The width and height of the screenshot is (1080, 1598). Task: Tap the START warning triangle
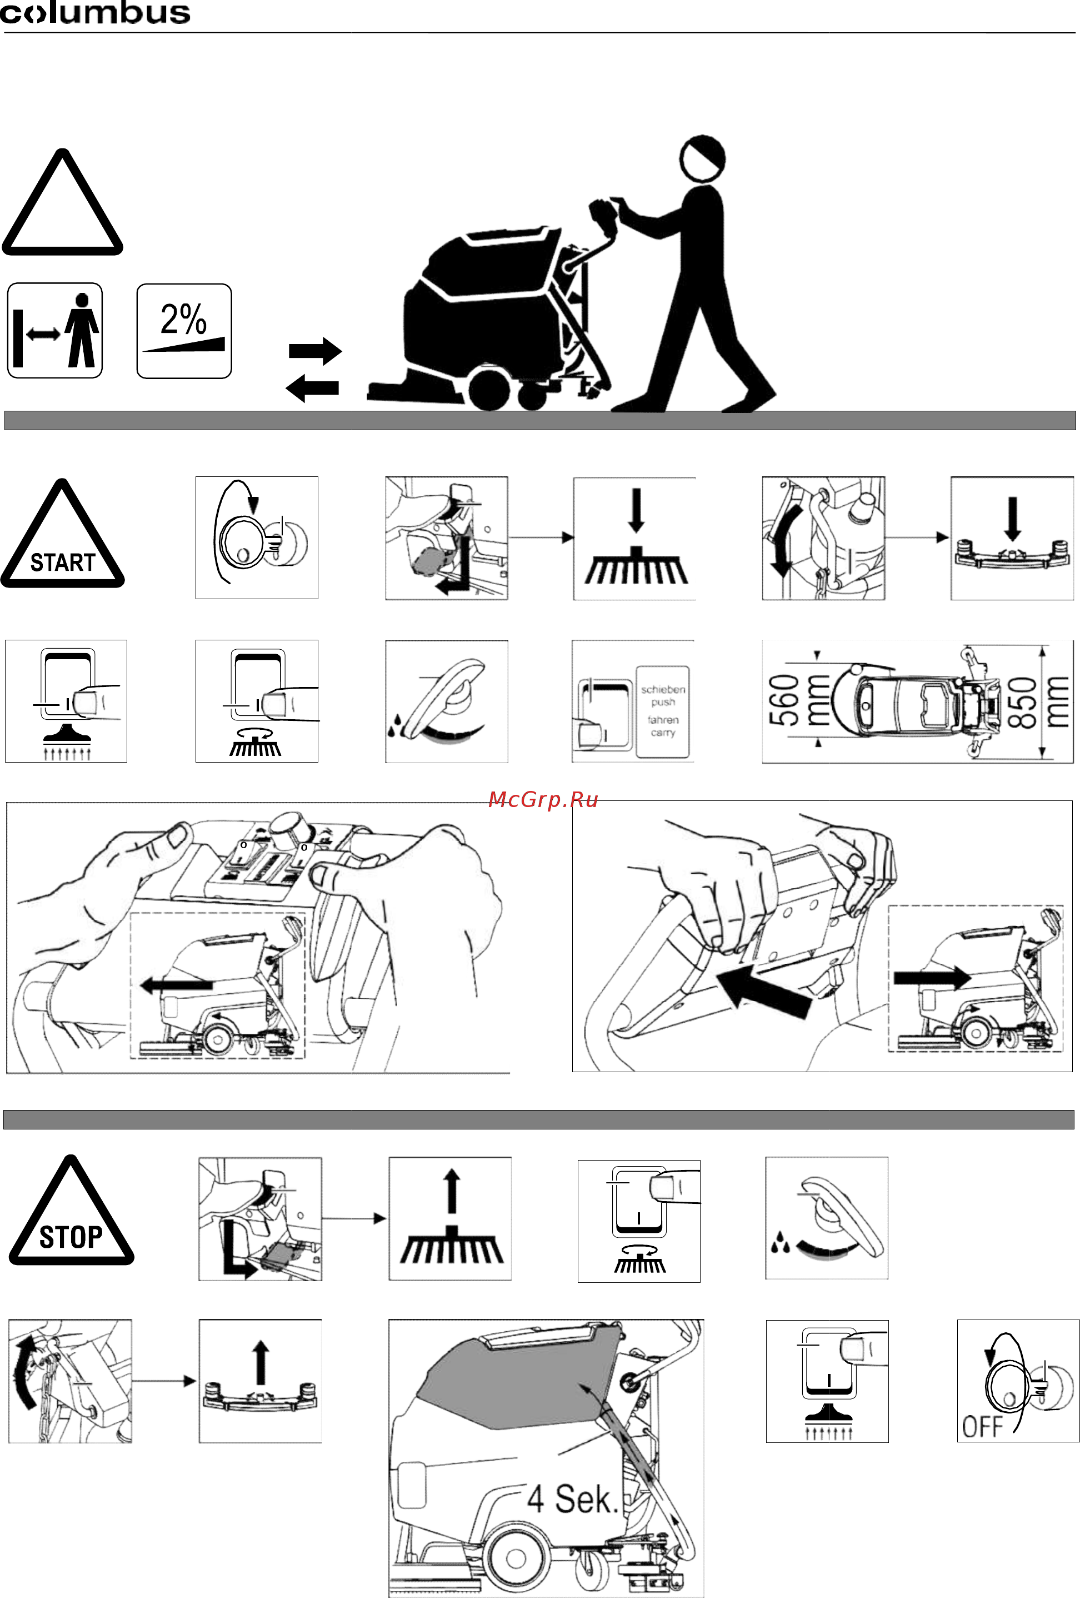[x=63, y=535]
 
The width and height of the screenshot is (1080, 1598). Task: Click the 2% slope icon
[x=184, y=331]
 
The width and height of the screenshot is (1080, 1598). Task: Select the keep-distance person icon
[x=55, y=331]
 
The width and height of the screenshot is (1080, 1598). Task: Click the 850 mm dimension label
[x=1039, y=701]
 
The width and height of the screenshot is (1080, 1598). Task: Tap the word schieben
[x=663, y=689]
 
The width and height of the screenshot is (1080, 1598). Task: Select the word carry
[x=663, y=733]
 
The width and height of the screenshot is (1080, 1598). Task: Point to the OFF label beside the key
[x=982, y=1427]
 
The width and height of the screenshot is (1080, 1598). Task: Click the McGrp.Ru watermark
[x=543, y=799]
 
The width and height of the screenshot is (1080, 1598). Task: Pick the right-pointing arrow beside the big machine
[x=315, y=351]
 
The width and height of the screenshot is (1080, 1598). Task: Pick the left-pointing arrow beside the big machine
[x=312, y=389]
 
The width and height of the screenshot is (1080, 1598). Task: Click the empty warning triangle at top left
[x=63, y=203]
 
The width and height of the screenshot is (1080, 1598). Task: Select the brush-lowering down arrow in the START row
[x=637, y=510]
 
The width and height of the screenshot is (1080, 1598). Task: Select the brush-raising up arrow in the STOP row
[x=451, y=1192]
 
